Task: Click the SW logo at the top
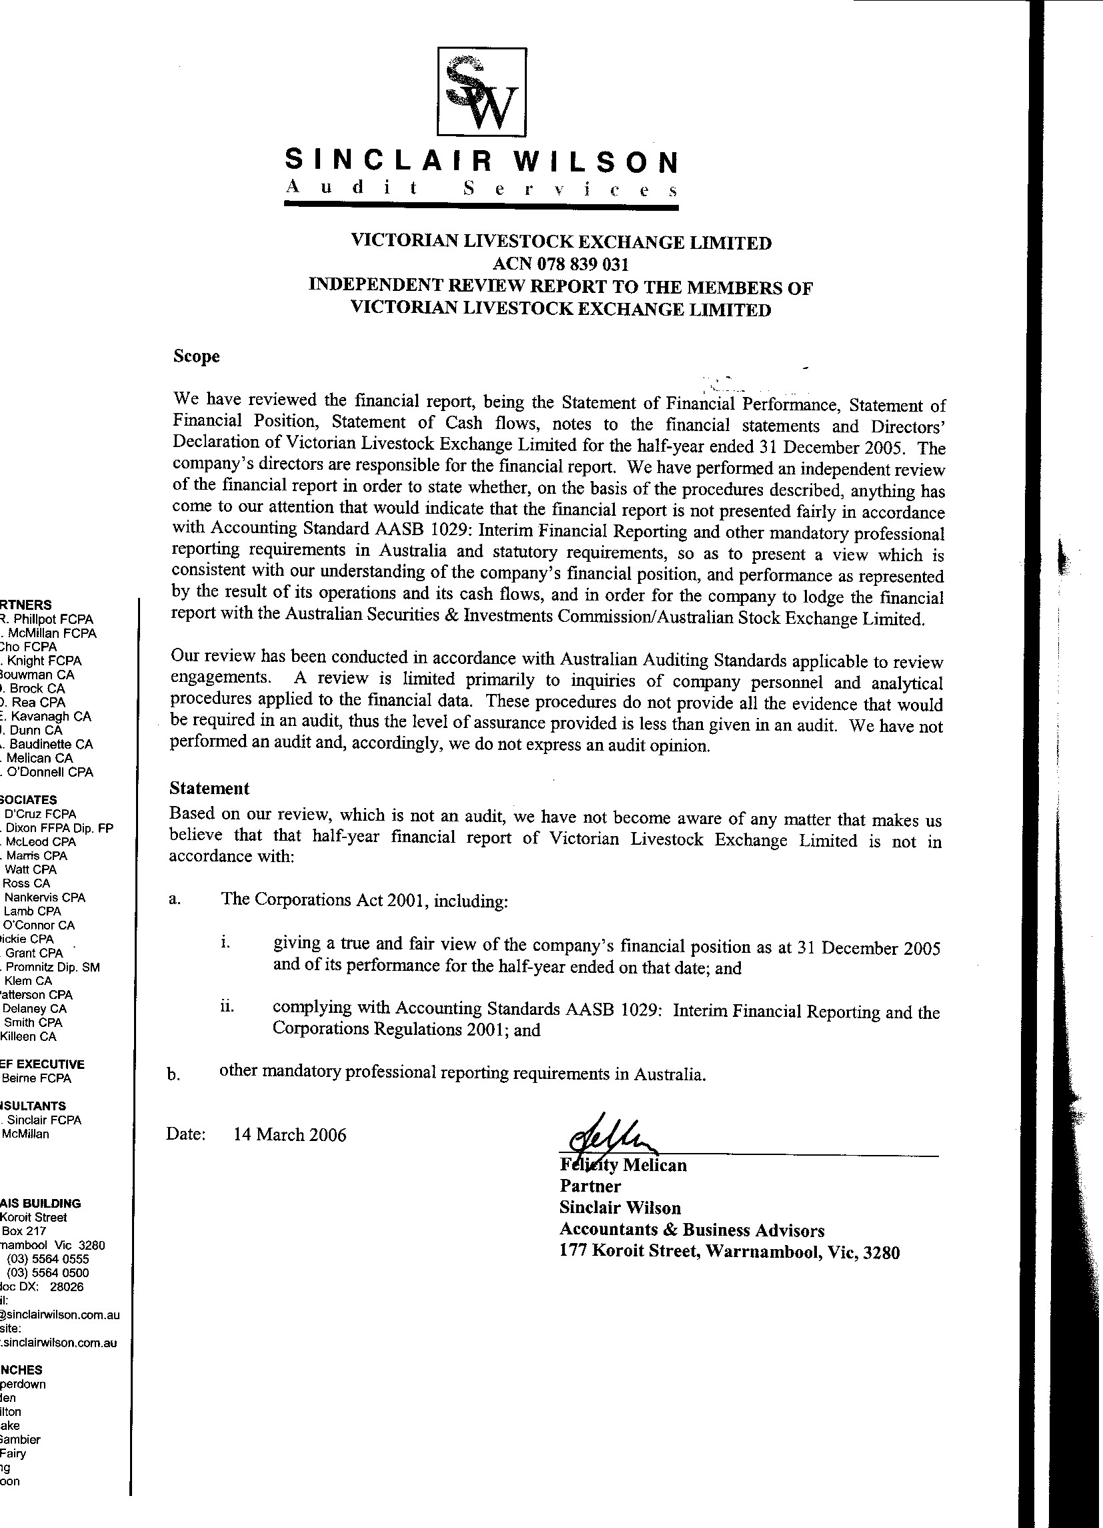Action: (x=481, y=91)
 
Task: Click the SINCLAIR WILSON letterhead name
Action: (x=481, y=161)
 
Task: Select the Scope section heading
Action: (x=196, y=356)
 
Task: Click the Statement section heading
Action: (x=209, y=788)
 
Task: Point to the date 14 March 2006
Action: (x=289, y=1135)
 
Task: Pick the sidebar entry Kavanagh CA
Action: (x=47, y=716)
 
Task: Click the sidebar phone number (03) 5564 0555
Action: (x=47, y=1258)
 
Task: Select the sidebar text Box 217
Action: (x=24, y=1230)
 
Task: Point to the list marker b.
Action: (x=173, y=1075)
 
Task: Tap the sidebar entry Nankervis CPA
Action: (x=45, y=897)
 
